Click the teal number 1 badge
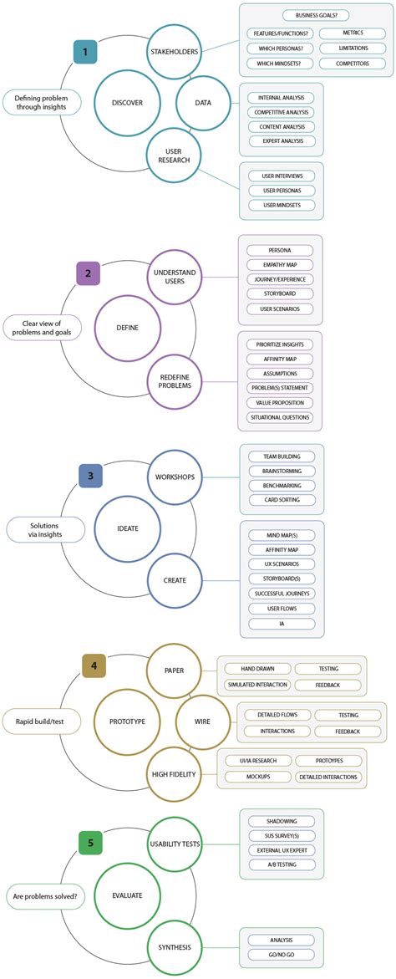tap(84, 52)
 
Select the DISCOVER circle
tap(127, 103)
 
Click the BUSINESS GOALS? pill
tap(317, 16)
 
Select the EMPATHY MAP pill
tap(281, 265)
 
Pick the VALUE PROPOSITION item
tap(281, 402)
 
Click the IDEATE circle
tap(127, 528)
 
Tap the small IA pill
tap(281, 624)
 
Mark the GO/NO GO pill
tap(281, 954)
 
